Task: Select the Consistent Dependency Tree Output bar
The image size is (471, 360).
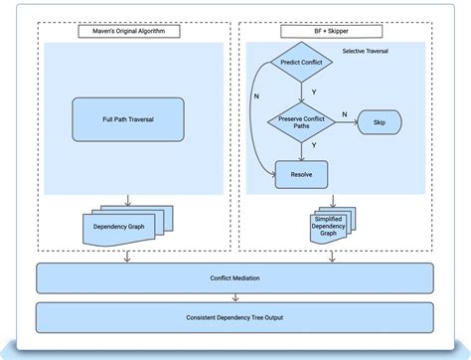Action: coord(235,317)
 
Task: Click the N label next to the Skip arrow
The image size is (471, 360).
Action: coord(345,113)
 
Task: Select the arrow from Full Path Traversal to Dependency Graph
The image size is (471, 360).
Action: coord(127,195)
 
